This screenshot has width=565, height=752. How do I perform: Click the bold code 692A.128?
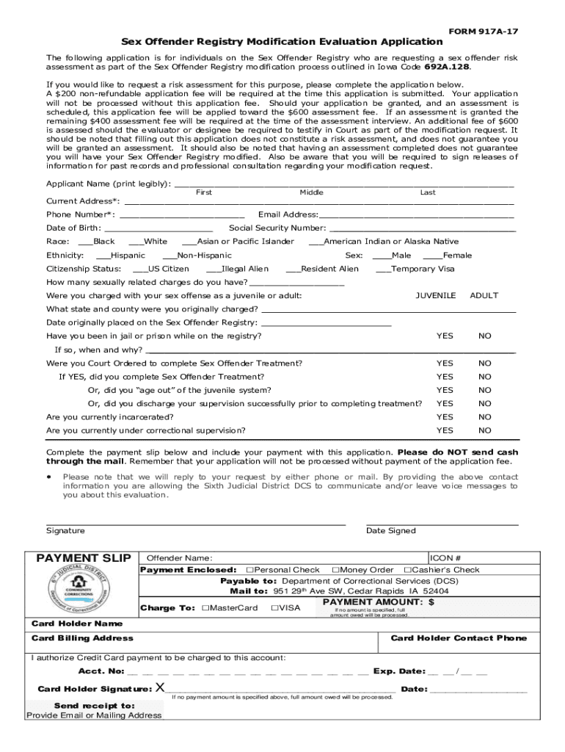pyautogui.click(x=443, y=66)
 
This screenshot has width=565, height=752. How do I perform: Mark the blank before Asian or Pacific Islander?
pyautogui.click(x=189, y=242)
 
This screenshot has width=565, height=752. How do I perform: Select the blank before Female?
pyautogui.click(x=432, y=256)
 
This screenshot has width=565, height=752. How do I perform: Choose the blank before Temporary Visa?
pyautogui.click(x=382, y=270)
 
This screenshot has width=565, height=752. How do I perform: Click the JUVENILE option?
pyautogui.click(x=436, y=295)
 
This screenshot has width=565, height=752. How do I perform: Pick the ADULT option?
pyautogui.click(x=484, y=295)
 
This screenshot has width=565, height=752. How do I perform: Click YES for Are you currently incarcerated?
pyautogui.click(x=445, y=417)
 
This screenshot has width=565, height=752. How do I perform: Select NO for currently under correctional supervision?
pyautogui.click(x=485, y=430)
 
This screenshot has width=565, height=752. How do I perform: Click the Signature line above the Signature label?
pyautogui.click(x=195, y=524)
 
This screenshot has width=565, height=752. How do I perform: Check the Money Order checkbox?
pyautogui.click(x=335, y=570)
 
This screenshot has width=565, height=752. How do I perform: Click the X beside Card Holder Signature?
pyautogui.click(x=160, y=689)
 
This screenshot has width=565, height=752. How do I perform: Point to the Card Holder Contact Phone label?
pyautogui.click(x=459, y=638)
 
